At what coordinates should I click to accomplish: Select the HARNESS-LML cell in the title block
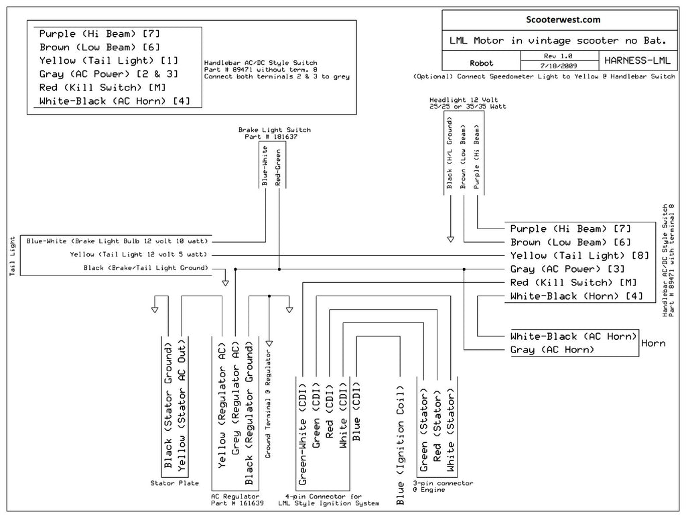637,60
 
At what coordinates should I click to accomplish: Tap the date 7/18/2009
558,66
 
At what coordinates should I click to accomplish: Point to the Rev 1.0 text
558,56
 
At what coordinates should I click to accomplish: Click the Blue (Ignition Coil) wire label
401,446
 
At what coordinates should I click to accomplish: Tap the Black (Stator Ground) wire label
168,405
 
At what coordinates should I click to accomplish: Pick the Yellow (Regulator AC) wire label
222,405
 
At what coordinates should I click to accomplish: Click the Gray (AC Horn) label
552,350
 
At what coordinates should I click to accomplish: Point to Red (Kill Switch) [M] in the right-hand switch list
573,283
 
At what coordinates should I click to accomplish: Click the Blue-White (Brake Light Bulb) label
117,241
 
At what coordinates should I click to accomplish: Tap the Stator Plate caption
175,483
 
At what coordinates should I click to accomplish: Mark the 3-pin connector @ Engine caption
443,487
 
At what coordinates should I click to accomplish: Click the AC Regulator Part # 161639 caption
237,500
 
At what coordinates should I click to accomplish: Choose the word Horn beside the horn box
653,344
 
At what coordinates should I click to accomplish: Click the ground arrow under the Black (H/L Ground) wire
450,239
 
